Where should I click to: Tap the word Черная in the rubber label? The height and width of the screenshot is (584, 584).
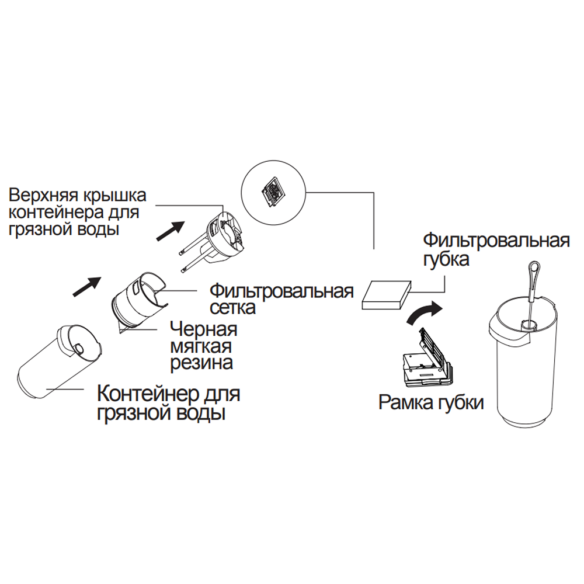tap(203, 329)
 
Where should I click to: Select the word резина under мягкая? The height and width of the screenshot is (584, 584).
tap(201, 363)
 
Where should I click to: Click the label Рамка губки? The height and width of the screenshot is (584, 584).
tap(431, 402)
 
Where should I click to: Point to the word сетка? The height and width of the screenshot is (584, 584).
tap(232, 307)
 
